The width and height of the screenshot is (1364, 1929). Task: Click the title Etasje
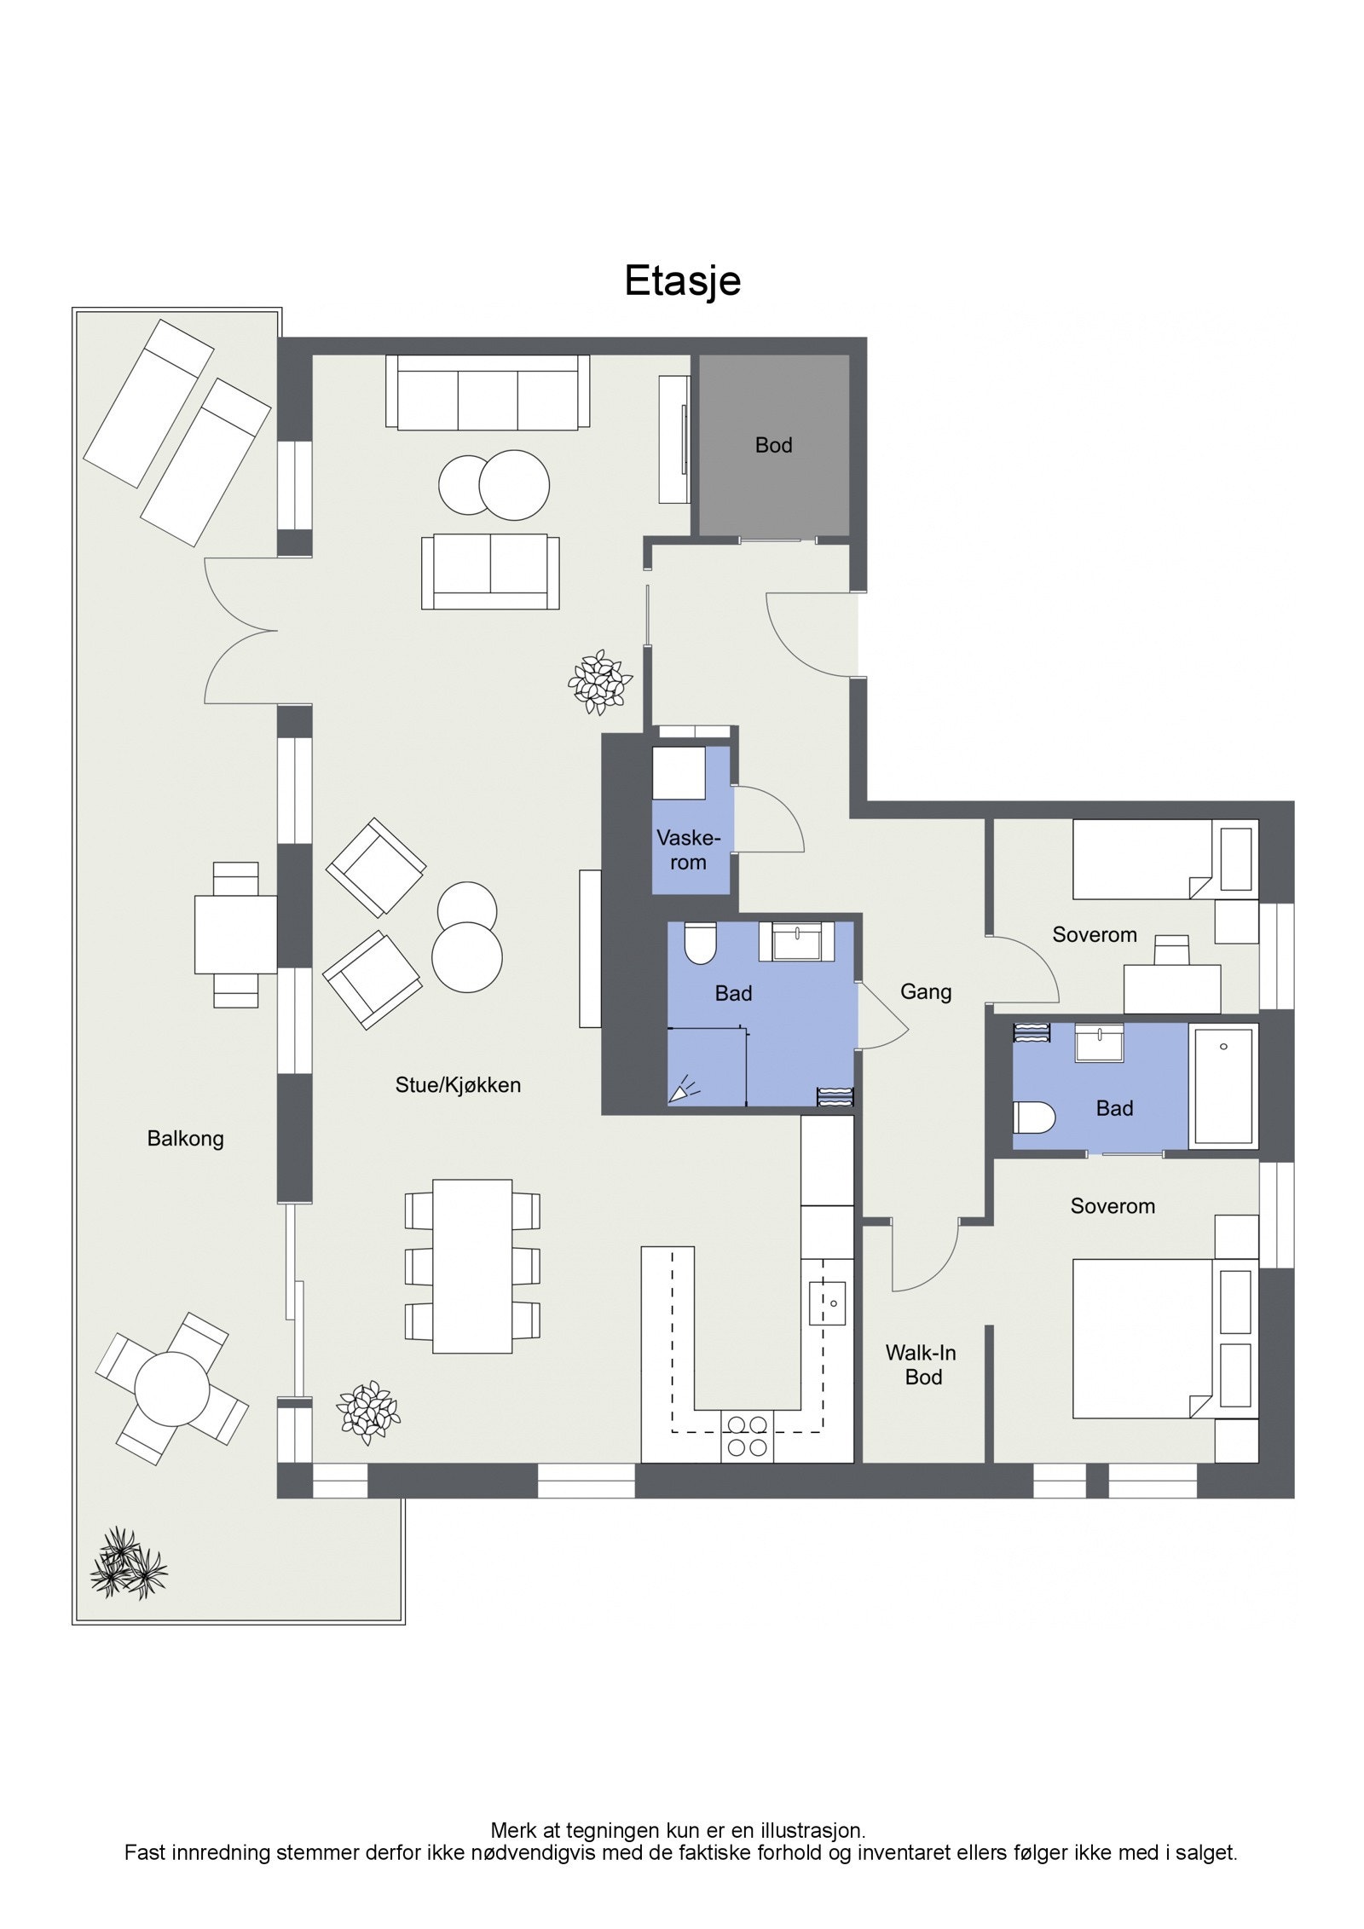tap(682, 280)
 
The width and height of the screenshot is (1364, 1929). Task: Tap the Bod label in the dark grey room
tap(773, 445)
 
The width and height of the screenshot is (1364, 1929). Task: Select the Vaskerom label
tap(688, 850)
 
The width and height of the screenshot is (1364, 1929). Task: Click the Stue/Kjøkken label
tap(458, 1085)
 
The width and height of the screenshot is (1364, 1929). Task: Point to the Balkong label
tap(185, 1139)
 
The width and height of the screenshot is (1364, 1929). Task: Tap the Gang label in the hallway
tap(925, 991)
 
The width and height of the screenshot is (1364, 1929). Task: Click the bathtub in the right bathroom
tap(1224, 1085)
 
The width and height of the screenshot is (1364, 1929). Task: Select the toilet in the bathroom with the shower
tap(701, 943)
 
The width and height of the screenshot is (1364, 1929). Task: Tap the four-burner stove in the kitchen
tap(746, 1435)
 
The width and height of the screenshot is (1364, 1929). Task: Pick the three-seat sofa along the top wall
tap(488, 392)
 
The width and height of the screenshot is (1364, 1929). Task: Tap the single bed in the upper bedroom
tap(1138, 859)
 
